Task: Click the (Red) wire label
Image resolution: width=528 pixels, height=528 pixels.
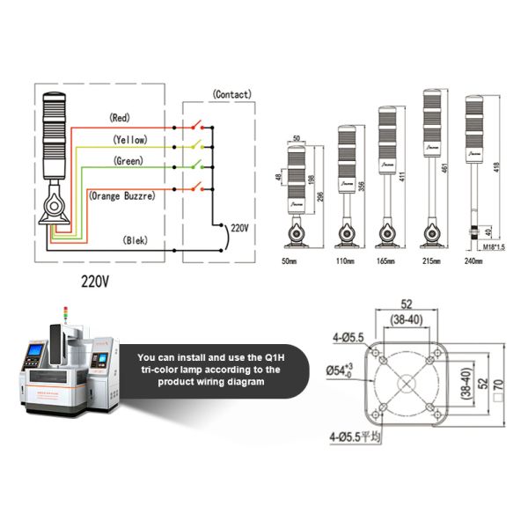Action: click(x=121, y=117)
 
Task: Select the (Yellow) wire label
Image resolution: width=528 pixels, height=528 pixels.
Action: click(x=129, y=139)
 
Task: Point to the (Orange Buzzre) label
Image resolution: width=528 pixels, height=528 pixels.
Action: click(x=123, y=195)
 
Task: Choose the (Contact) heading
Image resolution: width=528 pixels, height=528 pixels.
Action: click(x=232, y=93)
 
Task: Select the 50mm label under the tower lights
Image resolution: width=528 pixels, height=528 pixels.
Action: click(x=288, y=261)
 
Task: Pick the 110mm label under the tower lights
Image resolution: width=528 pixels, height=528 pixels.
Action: click(x=344, y=261)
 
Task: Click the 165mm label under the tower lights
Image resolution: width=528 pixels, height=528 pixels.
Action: click(x=385, y=261)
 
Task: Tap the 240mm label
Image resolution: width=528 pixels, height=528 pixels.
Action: click(x=474, y=261)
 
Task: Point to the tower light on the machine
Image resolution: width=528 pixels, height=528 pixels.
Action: click(x=64, y=313)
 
